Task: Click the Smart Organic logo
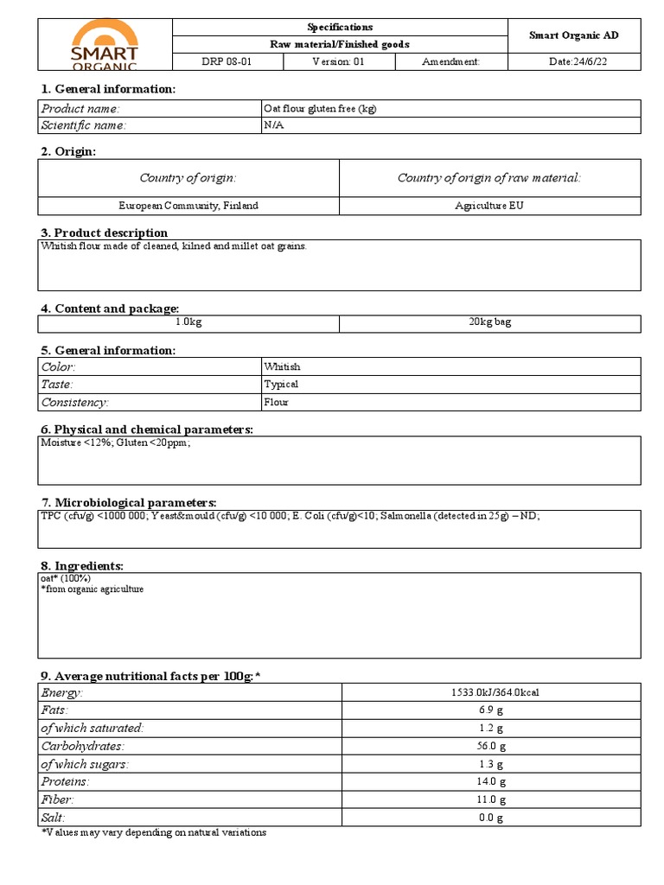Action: click(x=105, y=45)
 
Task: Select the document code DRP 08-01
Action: click(x=227, y=62)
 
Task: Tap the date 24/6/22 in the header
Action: click(x=573, y=62)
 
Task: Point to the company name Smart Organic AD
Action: click(x=573, y=35)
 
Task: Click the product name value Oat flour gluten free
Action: click(x=320, y=109)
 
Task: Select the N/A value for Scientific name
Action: click(x=274, y=126)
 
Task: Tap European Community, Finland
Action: click(x=188, y=206)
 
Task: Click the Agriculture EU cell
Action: click(x=489, y=206)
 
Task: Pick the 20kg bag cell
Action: click(x=489, y=322)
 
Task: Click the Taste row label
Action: click(x=57, y=384)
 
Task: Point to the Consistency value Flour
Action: click(x=277, y=402)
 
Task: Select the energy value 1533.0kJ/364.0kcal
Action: click(x=490, y=692)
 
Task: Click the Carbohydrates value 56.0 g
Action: click(x=490, y=746)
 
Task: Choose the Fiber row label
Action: click(x=57, y=799)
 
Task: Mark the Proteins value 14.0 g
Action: click(x=490, y=781)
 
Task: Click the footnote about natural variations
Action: click(x=154, y=832)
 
